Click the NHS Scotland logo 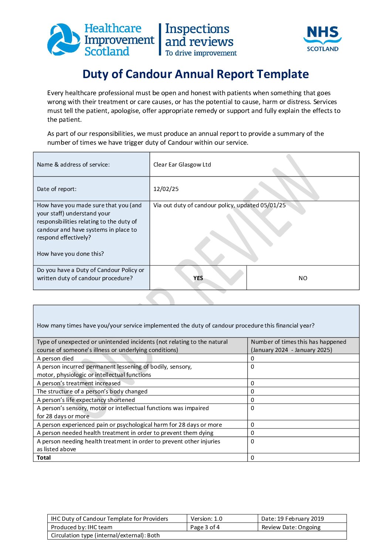point(322,38)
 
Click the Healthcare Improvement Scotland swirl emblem point(64,40)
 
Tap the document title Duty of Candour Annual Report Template point(195,74)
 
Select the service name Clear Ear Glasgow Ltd point(182,165)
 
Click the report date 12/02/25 point(166,189)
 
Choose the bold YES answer point(198,278)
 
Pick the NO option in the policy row point(303,278)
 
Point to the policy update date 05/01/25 point(273,205)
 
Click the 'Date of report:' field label point(57,189)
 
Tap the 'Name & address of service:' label point(73,165)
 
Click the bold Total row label point(44,458)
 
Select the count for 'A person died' point(252,359)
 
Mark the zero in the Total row point(252,458)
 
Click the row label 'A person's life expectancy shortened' point(86,400)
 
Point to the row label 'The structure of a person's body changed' point(92,392)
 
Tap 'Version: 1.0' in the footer point(206,519)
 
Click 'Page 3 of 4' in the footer point(205,527)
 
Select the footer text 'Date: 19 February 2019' point(292,519)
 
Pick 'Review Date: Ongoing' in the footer point(291,527)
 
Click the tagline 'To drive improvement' point(201,53)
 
